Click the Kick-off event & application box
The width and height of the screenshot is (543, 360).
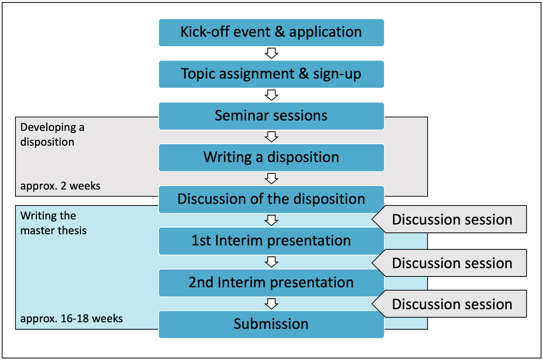(x=271, y=33)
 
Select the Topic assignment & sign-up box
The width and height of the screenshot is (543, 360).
(x=271, y=74)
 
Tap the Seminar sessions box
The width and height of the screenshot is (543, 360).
(x=271, y=116)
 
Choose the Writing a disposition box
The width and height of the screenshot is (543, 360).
(x=271, y=157)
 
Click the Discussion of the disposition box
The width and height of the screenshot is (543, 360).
(x=271, y=200)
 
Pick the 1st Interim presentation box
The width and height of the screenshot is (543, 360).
(x=271, y=241)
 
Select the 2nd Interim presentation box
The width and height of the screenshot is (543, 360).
(x=271, y=283)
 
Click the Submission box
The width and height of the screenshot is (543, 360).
(x=271, y=324)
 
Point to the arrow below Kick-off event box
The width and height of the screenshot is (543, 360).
(x=271, y=53)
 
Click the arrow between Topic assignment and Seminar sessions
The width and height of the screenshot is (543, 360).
(x=271, y=95)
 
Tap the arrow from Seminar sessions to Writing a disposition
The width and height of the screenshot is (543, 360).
(x=271, y=137)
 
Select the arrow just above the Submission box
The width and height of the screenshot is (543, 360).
(x=271, y=304)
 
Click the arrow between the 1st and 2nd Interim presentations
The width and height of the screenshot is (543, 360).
(x=271, y=262)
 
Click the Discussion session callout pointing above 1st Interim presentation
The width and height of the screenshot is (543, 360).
(x=449, y=219)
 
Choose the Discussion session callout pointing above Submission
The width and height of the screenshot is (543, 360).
(x=449, y=304)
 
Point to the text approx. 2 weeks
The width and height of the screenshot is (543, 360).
(x=60, y=186)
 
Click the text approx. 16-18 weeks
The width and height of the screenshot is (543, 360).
(x=71, y=318)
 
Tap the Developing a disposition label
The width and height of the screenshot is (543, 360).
(x=52, y=135)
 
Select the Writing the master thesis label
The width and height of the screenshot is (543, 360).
(x=53, y=223)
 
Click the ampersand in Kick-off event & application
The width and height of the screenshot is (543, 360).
(x=280, y=32)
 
